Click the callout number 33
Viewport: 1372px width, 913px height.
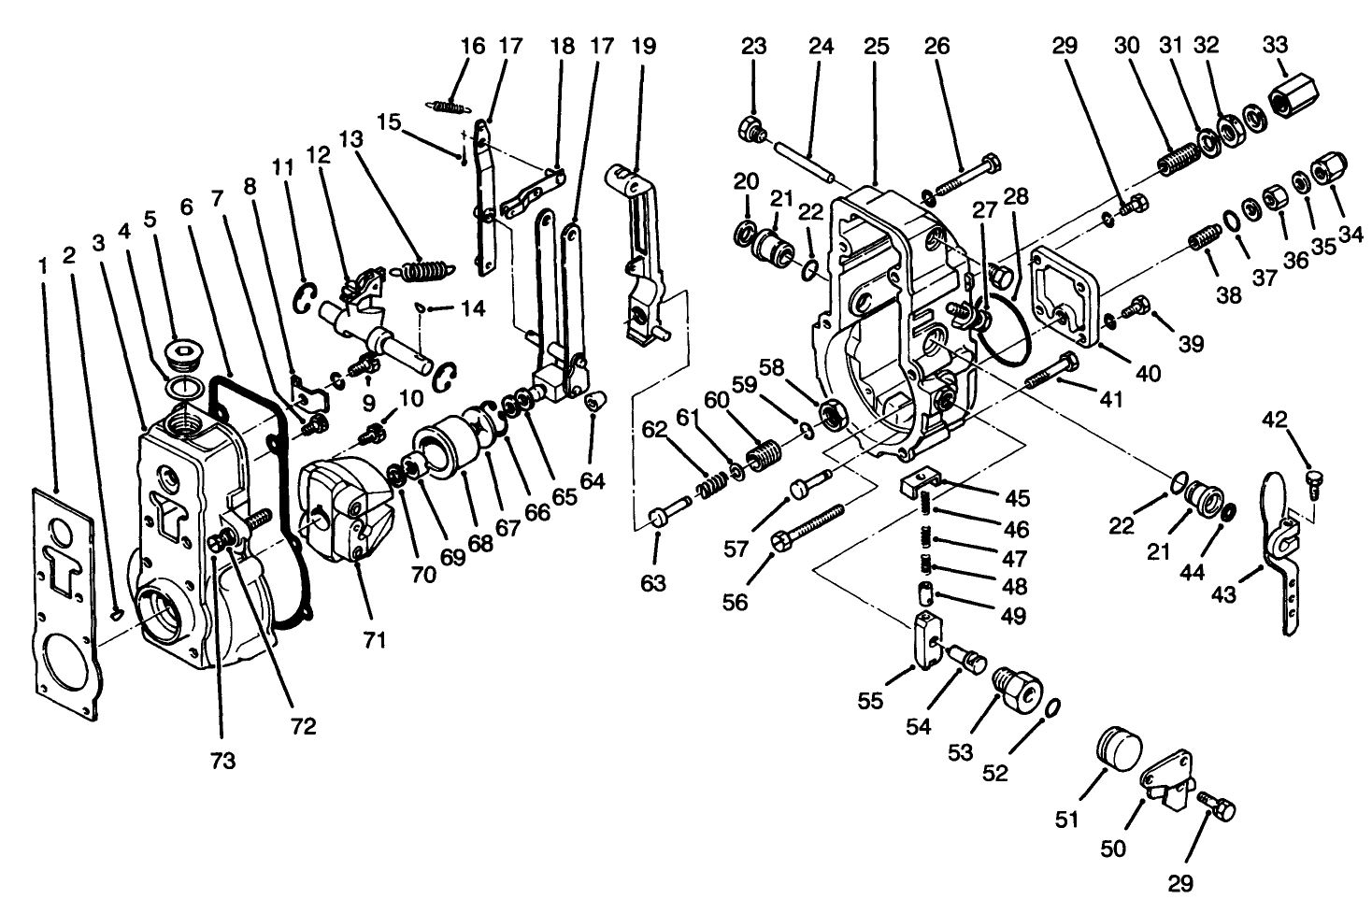[1275, 44]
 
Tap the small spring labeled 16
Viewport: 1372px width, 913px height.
[451, 105]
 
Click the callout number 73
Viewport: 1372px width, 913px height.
[222, 760]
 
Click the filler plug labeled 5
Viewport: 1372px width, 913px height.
[181, 356]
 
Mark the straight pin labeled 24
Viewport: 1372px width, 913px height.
[809, 154]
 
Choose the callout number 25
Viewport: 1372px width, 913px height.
[877, 44]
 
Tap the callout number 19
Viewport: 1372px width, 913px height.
[644, 44]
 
